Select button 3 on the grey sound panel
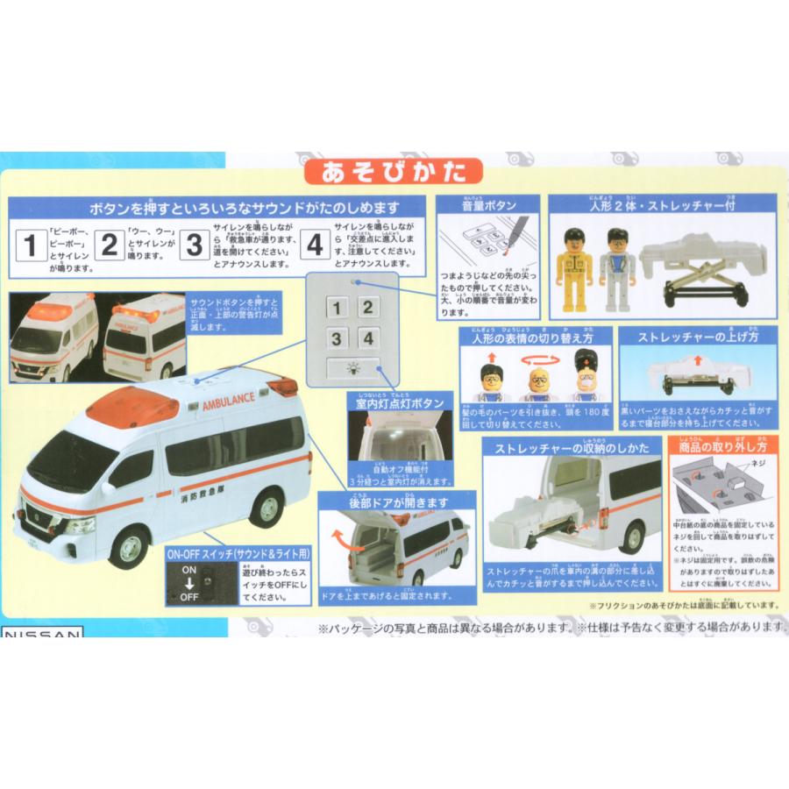click(338, 338)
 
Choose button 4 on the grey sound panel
click(369, 338)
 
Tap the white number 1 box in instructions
click(30, 245)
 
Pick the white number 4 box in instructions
click(315, 245)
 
